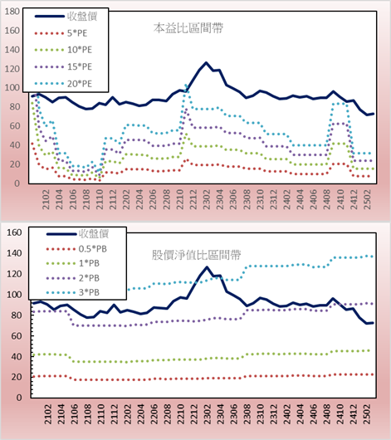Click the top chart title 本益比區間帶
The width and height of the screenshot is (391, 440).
tap(188, 28)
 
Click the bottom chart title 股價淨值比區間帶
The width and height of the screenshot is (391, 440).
tap(196, 255)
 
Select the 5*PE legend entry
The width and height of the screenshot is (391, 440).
tap(61, 33)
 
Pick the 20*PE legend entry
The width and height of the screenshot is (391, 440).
tap(63, 84)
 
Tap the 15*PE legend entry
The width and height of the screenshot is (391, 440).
tap(63, 66)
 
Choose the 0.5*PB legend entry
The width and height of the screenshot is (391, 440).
tap(76, 249)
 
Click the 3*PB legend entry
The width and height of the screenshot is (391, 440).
tap(73, 292)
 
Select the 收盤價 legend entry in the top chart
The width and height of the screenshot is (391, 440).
tap(66, 17)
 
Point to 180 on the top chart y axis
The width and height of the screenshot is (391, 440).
tap(12, 12)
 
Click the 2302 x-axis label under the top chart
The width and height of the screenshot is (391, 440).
tap(207, 199)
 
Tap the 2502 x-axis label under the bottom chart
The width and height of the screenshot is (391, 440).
tap(368, 414)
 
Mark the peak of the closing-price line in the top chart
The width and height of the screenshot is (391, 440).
tap(207, 62)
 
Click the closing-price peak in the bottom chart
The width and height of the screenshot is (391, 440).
tap(207, 267)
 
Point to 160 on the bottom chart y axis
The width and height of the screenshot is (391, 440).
tap(14, 232)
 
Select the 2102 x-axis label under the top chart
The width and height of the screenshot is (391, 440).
tap(46, 199)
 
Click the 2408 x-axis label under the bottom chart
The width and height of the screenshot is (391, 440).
tap(327, 414)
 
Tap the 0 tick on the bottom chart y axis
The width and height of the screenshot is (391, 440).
tap(19, 398)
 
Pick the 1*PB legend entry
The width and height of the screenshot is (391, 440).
tap(73, 263)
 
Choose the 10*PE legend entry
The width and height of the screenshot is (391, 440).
tap(63, 50)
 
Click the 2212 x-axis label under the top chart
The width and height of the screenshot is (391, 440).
tap(193, 199)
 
